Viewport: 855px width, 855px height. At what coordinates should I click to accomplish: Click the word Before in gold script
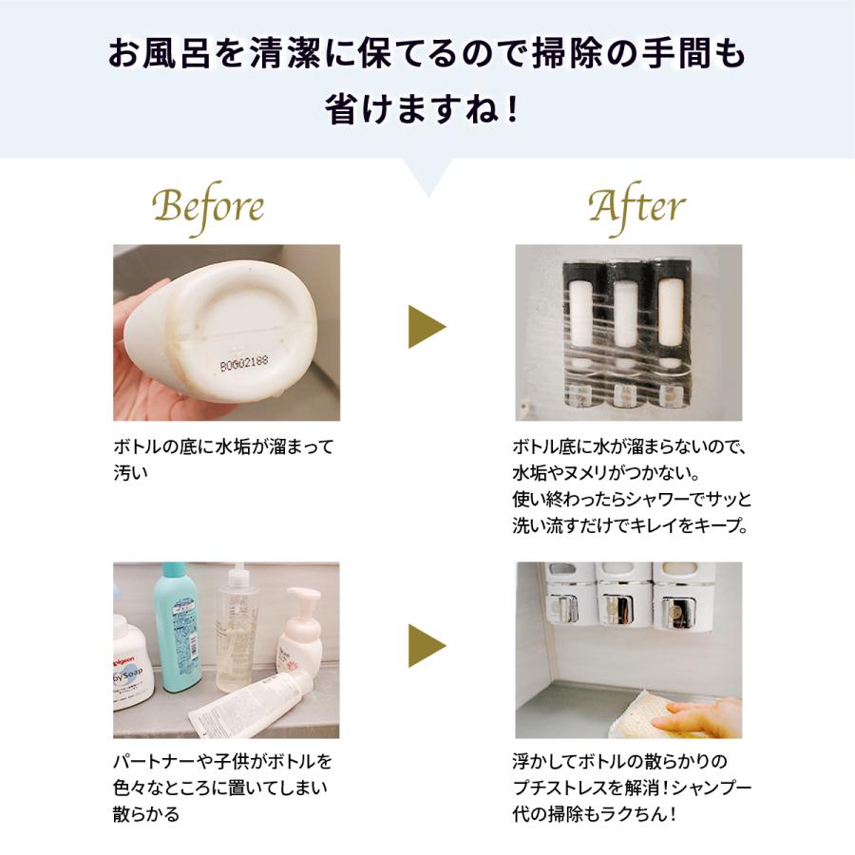[x=208, y=206]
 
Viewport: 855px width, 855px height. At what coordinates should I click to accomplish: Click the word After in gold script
[x=636, y=206]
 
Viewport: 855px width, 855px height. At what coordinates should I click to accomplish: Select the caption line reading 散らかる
[x=145, y=814]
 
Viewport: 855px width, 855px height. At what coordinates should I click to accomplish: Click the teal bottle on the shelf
[x=177, y=626]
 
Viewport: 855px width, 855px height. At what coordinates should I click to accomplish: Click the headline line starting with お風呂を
[x=427, y=54]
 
